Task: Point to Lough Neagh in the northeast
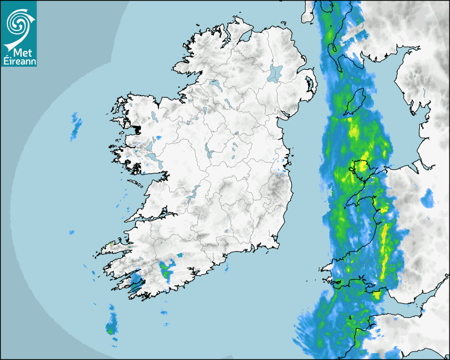click(x=275, y=73)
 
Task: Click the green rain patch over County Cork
click(x=167, y=270)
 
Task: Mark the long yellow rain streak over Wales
click(x=385, y=249)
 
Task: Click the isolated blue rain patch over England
click(x=427, y=197)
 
